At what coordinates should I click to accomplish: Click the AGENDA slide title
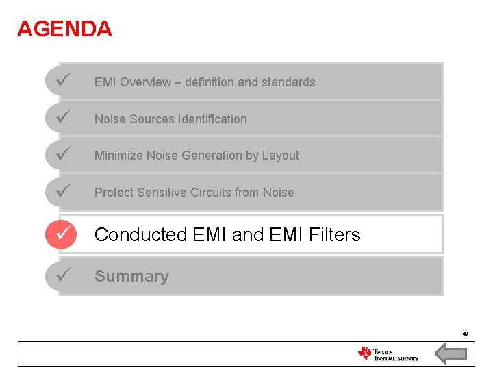(64, 29)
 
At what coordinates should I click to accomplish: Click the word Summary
(131, 276)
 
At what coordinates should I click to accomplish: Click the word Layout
(280, 156)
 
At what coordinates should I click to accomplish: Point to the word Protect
(114, 193)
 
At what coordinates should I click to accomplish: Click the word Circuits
(209, 193)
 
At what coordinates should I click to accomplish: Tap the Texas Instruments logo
(388, 354)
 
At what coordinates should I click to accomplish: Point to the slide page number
(465, 334)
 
